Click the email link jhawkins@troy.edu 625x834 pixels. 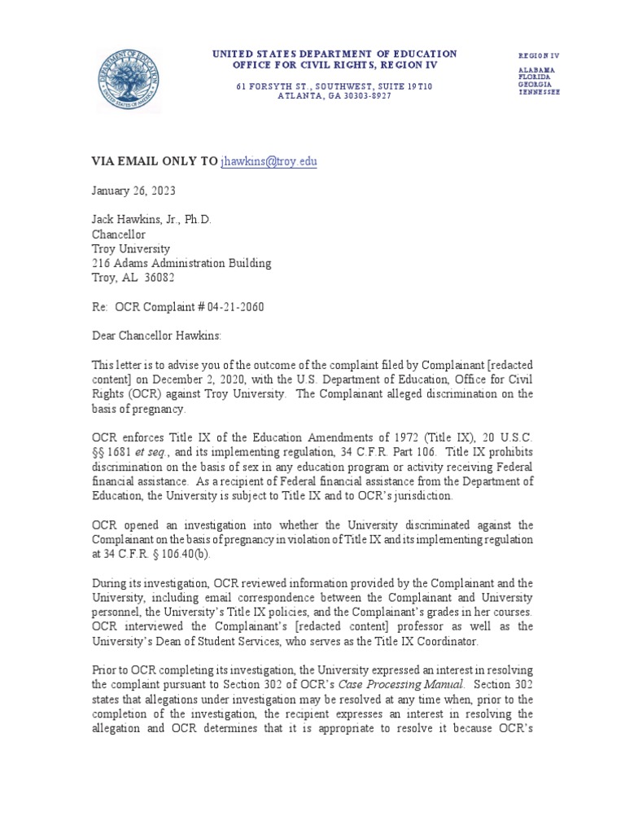(x=269, y=162)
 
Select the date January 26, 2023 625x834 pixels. (x=132, y=191)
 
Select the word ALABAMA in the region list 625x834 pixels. (x=537, y=70)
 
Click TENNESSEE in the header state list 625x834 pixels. (x=539, y=92)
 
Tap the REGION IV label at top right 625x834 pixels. (x=539, y=55)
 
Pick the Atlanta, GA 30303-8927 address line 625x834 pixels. (x=334, y=96)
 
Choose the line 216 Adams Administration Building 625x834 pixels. (x=181, y=264)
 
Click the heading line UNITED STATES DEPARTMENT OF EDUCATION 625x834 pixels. (x=334, y=54)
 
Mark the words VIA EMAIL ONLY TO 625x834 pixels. (x=154, y=162)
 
